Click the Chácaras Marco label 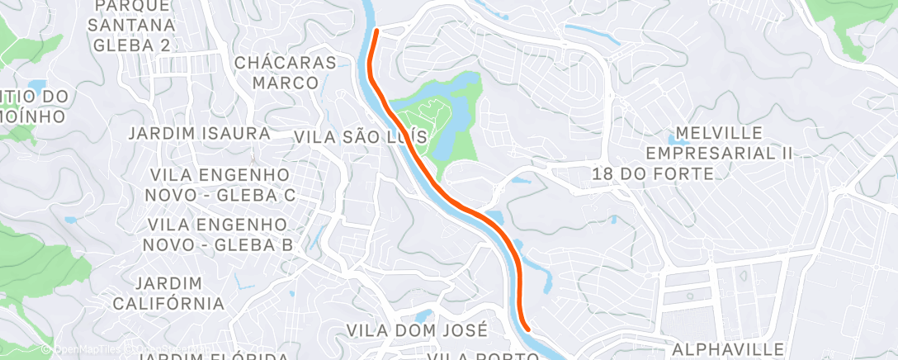pyautogui.click(x=286, y=73)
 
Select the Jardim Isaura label pyautogui.click(x=200, y=133)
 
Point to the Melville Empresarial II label pyautogui.click(x=718, y=143)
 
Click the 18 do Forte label pyautogui.click(x=653, y=173)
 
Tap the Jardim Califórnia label pyautogui.click(x=168, y=293)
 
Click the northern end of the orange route pyautogui.click(x=377, y=31)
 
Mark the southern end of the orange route pyautogui.click(x=527, y=331)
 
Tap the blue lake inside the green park pyautogui.click(x=455, y=116)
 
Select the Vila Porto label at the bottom pyautogui.click(x=470, y=356)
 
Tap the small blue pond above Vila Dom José pyautogui.click(x=423, y=315)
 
